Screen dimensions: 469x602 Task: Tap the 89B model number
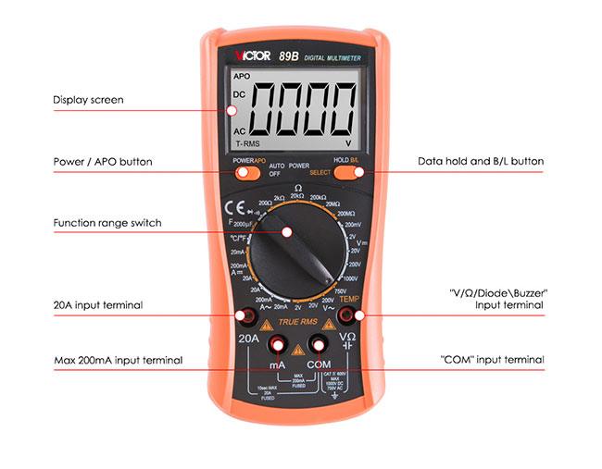(x=288, y=56)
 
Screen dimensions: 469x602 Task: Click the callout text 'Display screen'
(x=88, y=100)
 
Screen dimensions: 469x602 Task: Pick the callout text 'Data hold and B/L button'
(x=481, y=161)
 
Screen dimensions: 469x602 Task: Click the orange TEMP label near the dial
(x=349, y=299)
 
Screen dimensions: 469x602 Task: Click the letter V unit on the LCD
(x=348, y=144)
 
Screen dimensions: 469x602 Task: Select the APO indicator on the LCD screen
(x=242, y=76)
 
